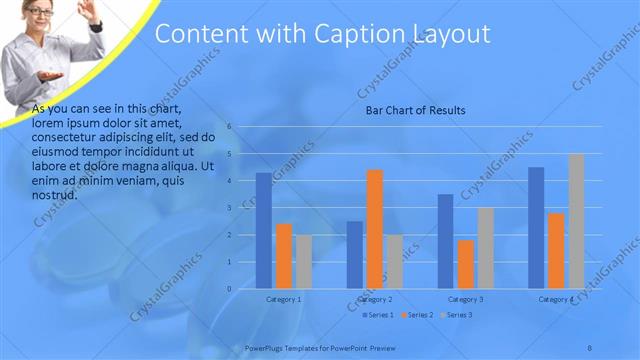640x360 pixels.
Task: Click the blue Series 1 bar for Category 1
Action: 264,231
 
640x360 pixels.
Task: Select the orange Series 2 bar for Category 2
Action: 375,229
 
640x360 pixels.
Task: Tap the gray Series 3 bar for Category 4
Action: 576,221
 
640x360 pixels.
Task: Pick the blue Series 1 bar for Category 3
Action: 445,241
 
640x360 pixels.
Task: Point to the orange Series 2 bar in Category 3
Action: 465,264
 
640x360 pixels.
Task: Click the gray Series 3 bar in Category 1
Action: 304,262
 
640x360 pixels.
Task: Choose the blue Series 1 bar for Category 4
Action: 536,228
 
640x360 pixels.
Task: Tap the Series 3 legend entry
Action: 455,315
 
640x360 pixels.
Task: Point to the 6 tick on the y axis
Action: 229,127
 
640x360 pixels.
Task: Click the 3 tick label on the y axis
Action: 229,208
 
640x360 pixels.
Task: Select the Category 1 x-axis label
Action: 284,299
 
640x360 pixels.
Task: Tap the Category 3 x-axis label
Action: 465,299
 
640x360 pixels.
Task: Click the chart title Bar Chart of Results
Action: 414,111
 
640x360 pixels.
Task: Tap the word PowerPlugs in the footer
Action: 265,347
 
